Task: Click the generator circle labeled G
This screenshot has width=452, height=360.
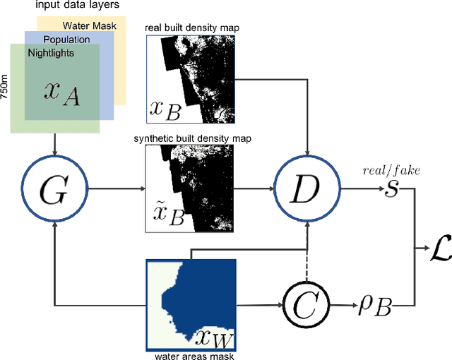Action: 54,188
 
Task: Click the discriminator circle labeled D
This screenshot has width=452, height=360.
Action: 307,188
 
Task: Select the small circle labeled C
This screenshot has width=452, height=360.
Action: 307,305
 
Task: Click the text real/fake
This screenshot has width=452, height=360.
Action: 386,170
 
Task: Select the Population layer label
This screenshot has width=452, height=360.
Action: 67,40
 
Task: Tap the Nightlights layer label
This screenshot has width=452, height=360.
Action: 50,53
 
